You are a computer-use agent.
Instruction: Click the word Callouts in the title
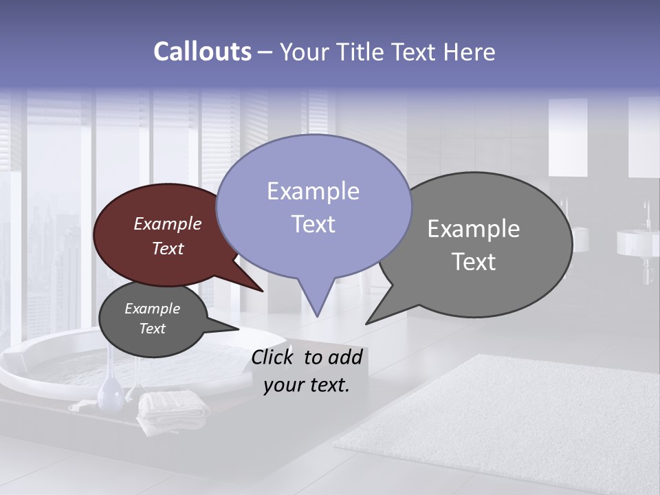202,52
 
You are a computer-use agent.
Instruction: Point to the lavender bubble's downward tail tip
317,316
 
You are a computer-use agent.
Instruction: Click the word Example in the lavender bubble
313,191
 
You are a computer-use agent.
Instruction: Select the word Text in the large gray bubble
474,262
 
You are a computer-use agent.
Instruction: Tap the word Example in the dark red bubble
168,224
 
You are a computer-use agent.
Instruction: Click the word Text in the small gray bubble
153,329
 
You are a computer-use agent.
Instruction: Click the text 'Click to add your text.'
307,371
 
